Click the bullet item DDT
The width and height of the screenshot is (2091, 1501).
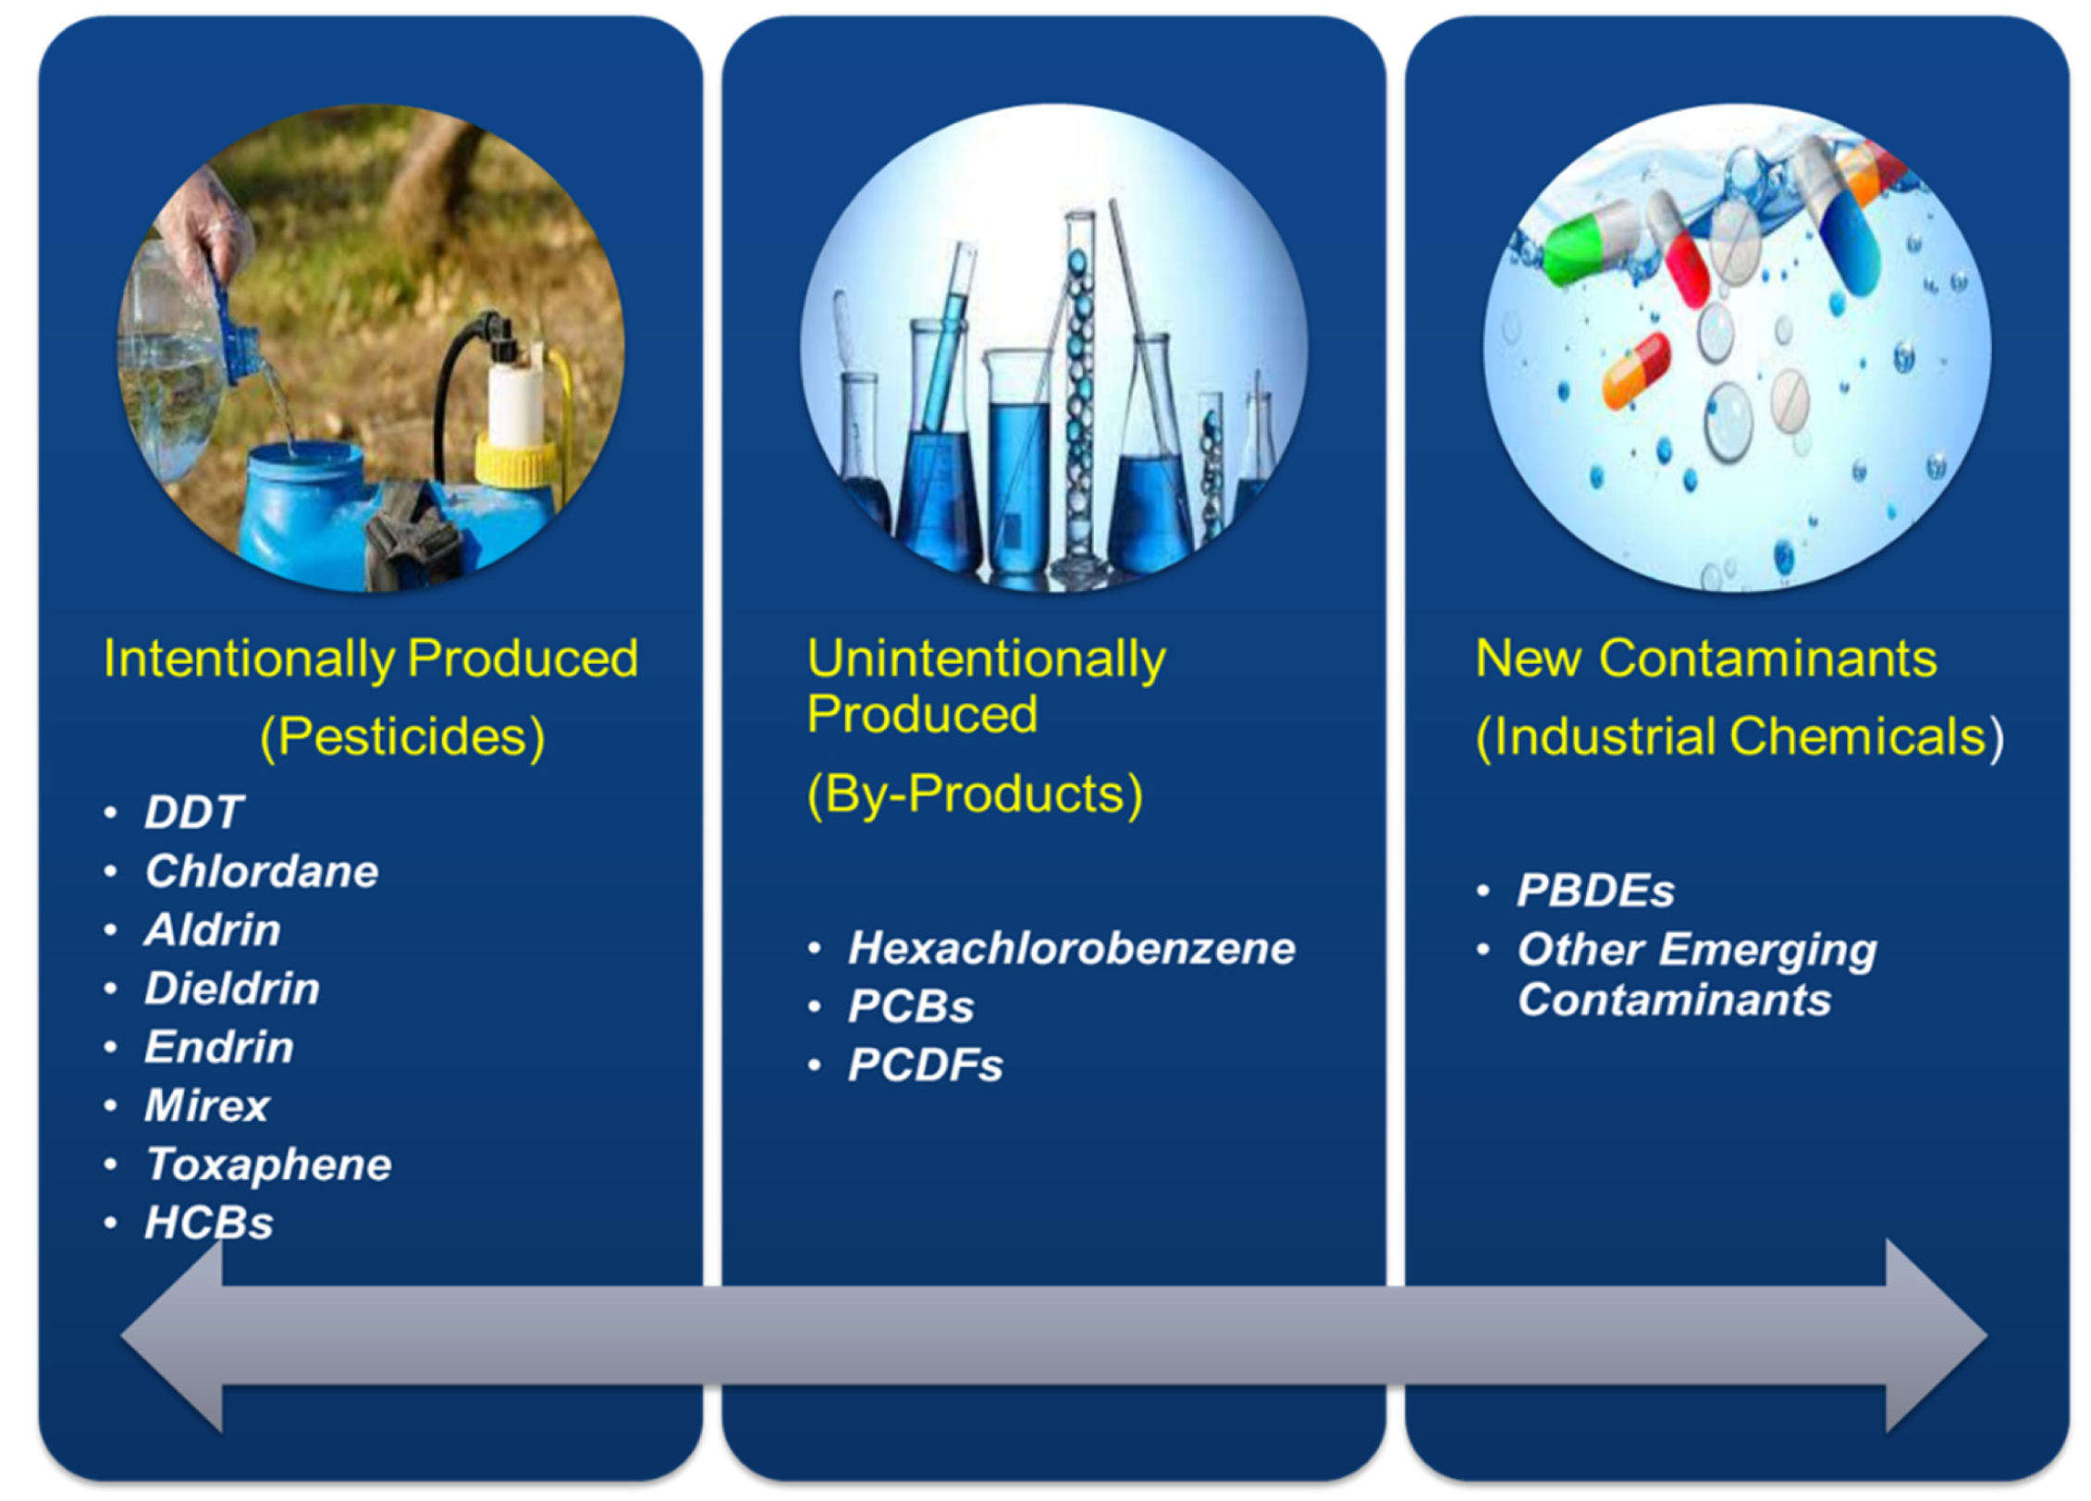193,813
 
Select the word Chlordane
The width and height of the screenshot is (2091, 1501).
262,871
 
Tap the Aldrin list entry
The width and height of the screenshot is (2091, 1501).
213,929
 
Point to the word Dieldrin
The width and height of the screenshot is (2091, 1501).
232,989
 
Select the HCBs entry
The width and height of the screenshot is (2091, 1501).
209,1223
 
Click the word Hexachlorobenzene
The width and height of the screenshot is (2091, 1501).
1072,948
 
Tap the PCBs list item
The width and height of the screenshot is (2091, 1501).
911,1006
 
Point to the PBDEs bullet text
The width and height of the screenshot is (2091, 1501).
1595,891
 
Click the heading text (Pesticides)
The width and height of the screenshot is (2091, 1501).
402,737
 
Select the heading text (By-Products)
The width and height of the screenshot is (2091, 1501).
975,794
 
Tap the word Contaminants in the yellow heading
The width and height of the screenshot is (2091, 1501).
1767,658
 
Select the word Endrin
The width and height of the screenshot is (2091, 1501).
219,1047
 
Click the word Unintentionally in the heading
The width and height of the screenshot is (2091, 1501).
986,658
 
